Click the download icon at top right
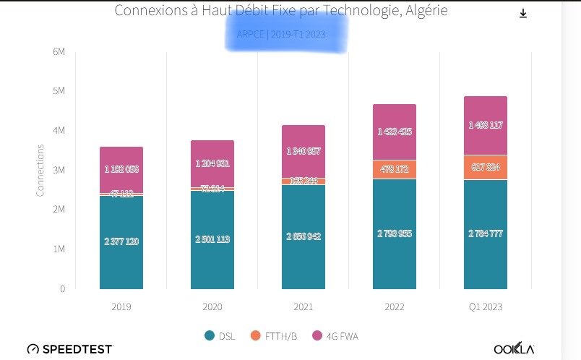pyautogui.click(x=523, y=14)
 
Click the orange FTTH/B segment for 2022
pyautogui.click(x=395, y=169)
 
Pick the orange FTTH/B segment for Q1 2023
pyautogui.click(x=486, y=167)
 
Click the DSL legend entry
pyautogui.click(x=221, y=335)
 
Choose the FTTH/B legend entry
pyautogui.click(x=273, y=335)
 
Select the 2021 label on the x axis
pyautogui.click(x=304, y=307)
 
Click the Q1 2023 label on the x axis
pyautogui.click(x=486, y=307)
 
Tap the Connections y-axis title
pyautogui.click(x=40, y=170)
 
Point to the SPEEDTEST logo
pyautogui.click(x=70, y=349)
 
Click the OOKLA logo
pyautogui.click(x=514, y=349)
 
